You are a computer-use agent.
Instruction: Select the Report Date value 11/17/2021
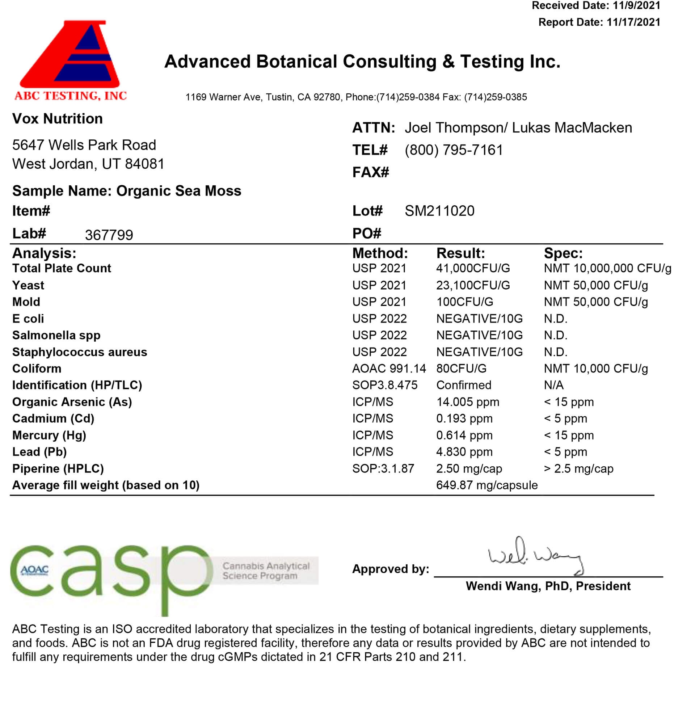point(633,22)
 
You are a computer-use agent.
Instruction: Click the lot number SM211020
point(439,211)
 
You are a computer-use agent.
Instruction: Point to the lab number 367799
point(109,235)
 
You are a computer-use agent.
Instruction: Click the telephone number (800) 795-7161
point(454,150)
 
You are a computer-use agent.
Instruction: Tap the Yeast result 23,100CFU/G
point(473,285)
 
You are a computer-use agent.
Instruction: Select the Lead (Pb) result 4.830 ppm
point(464,452)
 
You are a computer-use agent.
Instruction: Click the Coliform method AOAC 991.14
point(389,369)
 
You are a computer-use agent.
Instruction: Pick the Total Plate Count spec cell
point(607,269)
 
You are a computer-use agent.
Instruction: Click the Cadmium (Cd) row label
point(53,418)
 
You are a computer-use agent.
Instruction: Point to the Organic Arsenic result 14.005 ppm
point(468,402)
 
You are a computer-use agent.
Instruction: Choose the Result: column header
point(461,253)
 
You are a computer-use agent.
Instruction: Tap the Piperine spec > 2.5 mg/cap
point(578,469)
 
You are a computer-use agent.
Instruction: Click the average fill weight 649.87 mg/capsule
point(487,485)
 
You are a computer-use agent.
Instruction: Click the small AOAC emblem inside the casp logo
point(35,570)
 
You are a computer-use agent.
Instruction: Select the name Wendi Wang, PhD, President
point(548,586)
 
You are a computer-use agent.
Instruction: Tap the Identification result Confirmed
point(464,386)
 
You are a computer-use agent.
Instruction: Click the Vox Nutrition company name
point(57,119)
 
